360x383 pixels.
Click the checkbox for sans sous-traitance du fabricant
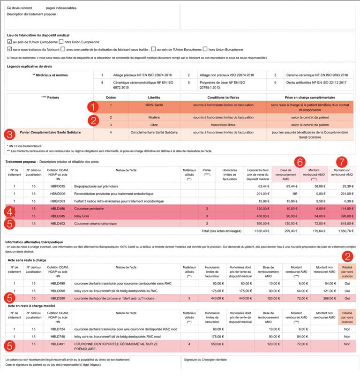click(x=9, y=49)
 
